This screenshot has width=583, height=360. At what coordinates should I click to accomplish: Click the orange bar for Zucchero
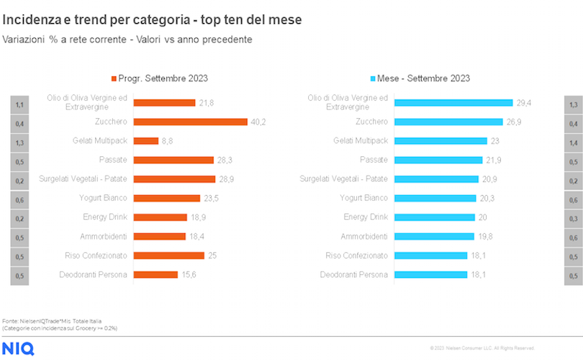click(x=190, y=122)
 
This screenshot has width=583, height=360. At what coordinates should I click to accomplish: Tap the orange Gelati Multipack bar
click(x=146, y=141)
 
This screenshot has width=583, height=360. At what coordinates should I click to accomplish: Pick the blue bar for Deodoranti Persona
click(x=430, y=274)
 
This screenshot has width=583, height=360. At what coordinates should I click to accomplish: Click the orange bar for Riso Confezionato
click(x=169, y=255)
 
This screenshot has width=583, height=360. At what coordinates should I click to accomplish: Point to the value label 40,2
click(x=258, y=122)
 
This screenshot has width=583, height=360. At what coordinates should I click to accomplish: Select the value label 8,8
click(x=167, y=141)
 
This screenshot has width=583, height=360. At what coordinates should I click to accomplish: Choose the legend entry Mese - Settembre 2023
click(x=424, y=78)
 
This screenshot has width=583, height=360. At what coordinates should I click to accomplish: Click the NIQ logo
click(x=17, y=349)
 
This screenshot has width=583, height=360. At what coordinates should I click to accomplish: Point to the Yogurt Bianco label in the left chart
click(x=103, y=197)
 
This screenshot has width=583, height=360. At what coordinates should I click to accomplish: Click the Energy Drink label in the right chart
click(x=366, y=217)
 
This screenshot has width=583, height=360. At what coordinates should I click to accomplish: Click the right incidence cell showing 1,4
click(x=573, y=143)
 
